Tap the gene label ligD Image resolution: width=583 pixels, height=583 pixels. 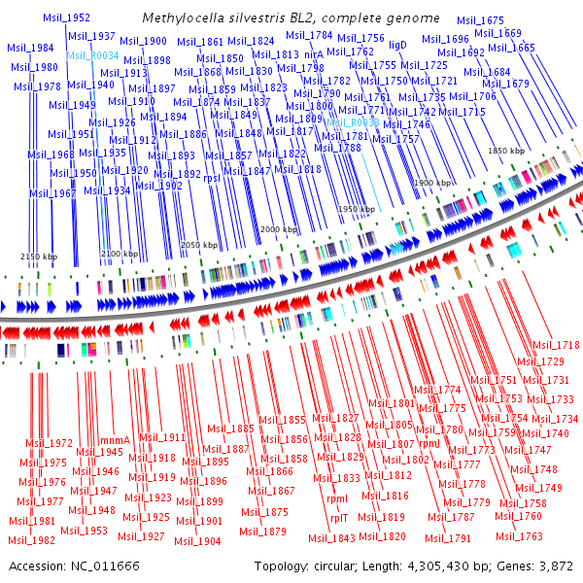pos(397,45)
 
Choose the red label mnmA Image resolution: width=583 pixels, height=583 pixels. pos(115,439)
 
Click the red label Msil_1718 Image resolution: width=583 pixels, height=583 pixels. pos(555,345)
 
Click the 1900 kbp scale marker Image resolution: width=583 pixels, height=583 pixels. pos(432,183)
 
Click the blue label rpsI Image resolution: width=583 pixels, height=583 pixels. pos(212,178)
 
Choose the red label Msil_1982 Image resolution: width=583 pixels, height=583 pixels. pos(32,539)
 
